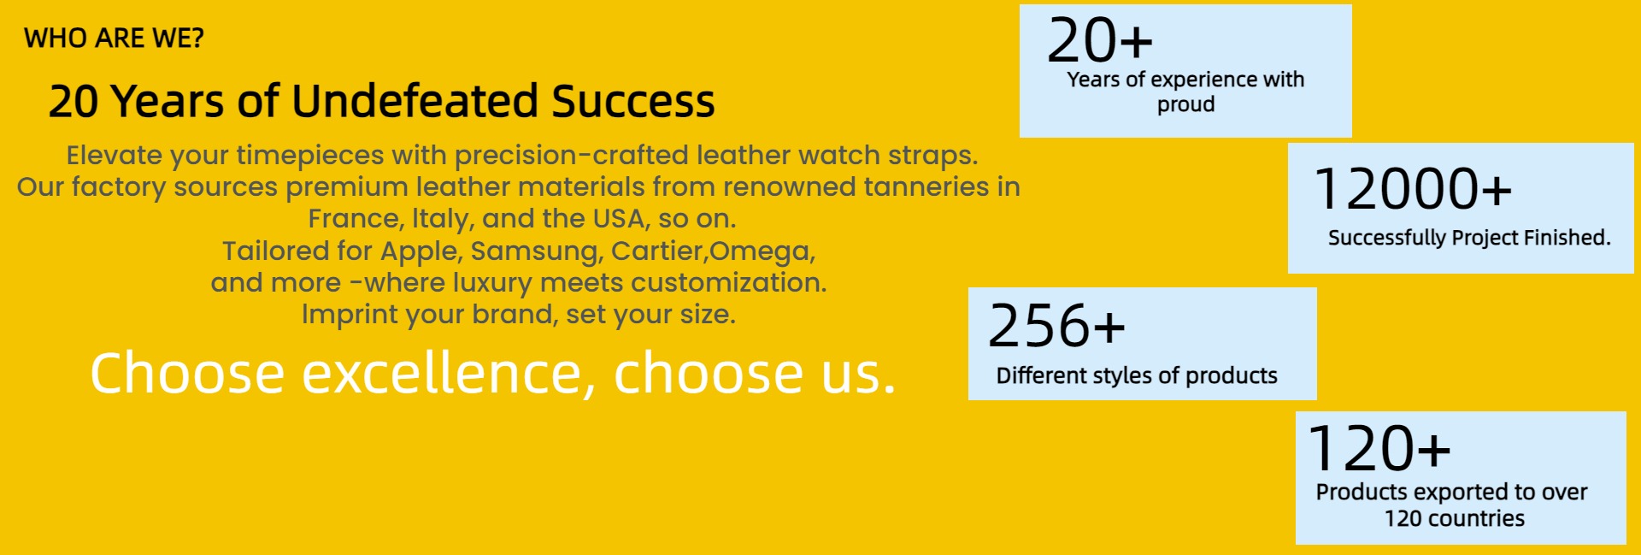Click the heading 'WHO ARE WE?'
(x=114, y=38)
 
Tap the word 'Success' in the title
(x=633, y=101)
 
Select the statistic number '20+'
(x=1100, y=40)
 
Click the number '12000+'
(x=1414, y=188)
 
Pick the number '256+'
(x=1056, y=326)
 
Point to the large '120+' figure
(x=1379, y=449)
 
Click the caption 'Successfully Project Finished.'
(x=1469, y=238)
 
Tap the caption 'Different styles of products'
(x=1137, y=375)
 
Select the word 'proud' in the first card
(x=1185, y=104)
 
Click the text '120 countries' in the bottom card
(x=1455, y=518)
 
